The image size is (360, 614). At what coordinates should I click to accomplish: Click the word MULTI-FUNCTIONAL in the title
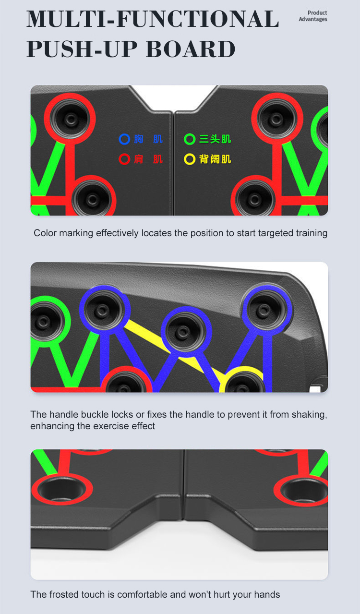[153, 19]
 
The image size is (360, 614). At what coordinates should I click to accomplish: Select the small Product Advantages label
[313, 16]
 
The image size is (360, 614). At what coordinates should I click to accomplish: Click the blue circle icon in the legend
[124, 139]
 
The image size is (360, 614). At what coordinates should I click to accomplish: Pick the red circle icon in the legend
[124, 159]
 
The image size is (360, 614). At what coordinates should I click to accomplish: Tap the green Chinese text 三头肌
[215, 139]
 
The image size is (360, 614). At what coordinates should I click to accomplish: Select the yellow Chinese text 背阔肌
[215, 159]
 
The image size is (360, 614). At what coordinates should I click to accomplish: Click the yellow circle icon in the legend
[190, 159]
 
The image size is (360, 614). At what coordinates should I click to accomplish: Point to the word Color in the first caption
[45, 233]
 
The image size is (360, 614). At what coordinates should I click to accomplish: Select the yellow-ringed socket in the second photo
[244, 382]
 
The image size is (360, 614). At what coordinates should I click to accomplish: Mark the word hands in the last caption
[267, 594]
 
